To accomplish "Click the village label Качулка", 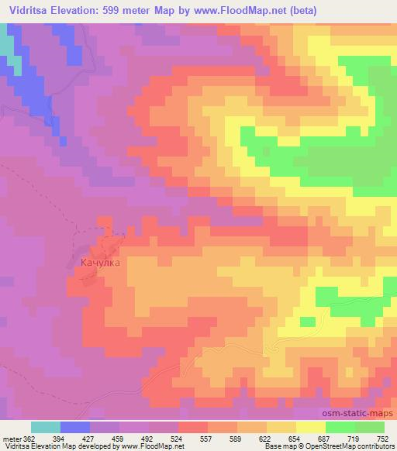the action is click(100, 263).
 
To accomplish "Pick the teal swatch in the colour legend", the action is click(46, 427).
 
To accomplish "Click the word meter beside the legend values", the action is click(12, 438).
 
